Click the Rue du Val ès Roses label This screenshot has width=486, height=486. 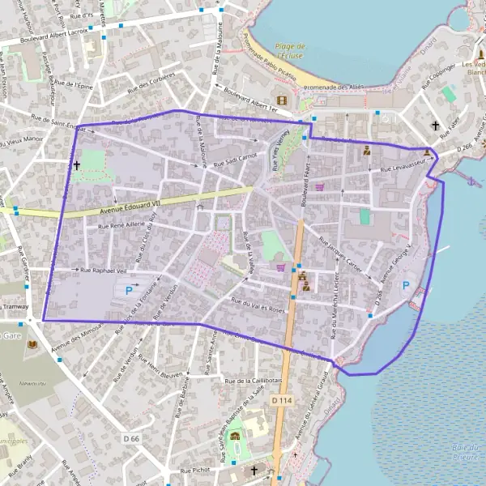coord(259,305)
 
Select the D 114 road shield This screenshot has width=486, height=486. coord(282,400)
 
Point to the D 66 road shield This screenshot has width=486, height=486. coord(132,438)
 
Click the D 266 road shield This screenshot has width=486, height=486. coord(463,148)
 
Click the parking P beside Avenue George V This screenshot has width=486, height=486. coord(406,284)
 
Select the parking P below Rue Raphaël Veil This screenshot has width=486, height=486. coord(128,290)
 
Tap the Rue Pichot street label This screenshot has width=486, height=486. coord(196,470)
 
